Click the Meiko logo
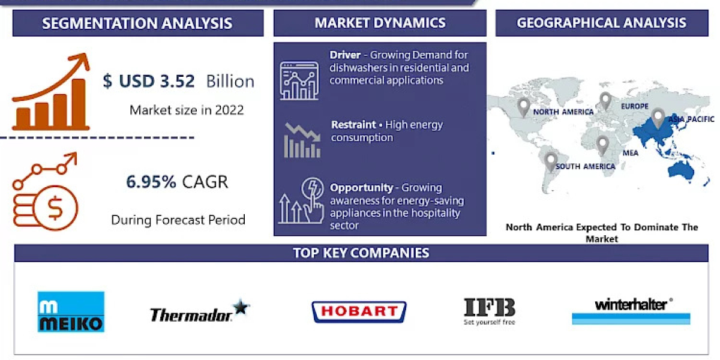71,312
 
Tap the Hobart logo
359,311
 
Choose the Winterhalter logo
631,310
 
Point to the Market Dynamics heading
380,23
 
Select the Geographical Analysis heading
601,23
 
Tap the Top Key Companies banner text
361,253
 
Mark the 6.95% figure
151,182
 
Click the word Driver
345,55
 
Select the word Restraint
353,125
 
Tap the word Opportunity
361,188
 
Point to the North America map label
563,112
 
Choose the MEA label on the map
630,153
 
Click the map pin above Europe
605,100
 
